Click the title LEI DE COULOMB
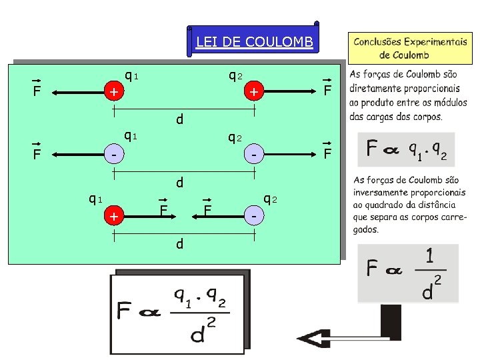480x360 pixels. pyautogui.click(x=254, y=43)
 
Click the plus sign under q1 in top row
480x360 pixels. pyautogui.click(x=115, y=92)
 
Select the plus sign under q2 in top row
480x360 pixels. pyautogui.click(x=254, y=92)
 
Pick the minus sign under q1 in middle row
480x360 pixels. pyautogui.click(x=115, y=155)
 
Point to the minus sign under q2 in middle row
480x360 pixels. pyautogui.click(x=254, y=155)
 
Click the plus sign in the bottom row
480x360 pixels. pyautogui.click(x=115, y=217)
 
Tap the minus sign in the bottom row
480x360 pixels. pyautogui.click(x=254, y=217)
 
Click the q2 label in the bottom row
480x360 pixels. pyautogui.click(x=270, y=199)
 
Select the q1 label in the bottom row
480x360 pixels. pyautogui.click(x=95, y=198)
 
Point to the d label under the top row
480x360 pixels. pyautogui.click(x=179, y=121)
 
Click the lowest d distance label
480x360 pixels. pyautogui.click(x=179, y=244)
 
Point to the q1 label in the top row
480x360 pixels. pyautogui.click(x=131, y=73)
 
